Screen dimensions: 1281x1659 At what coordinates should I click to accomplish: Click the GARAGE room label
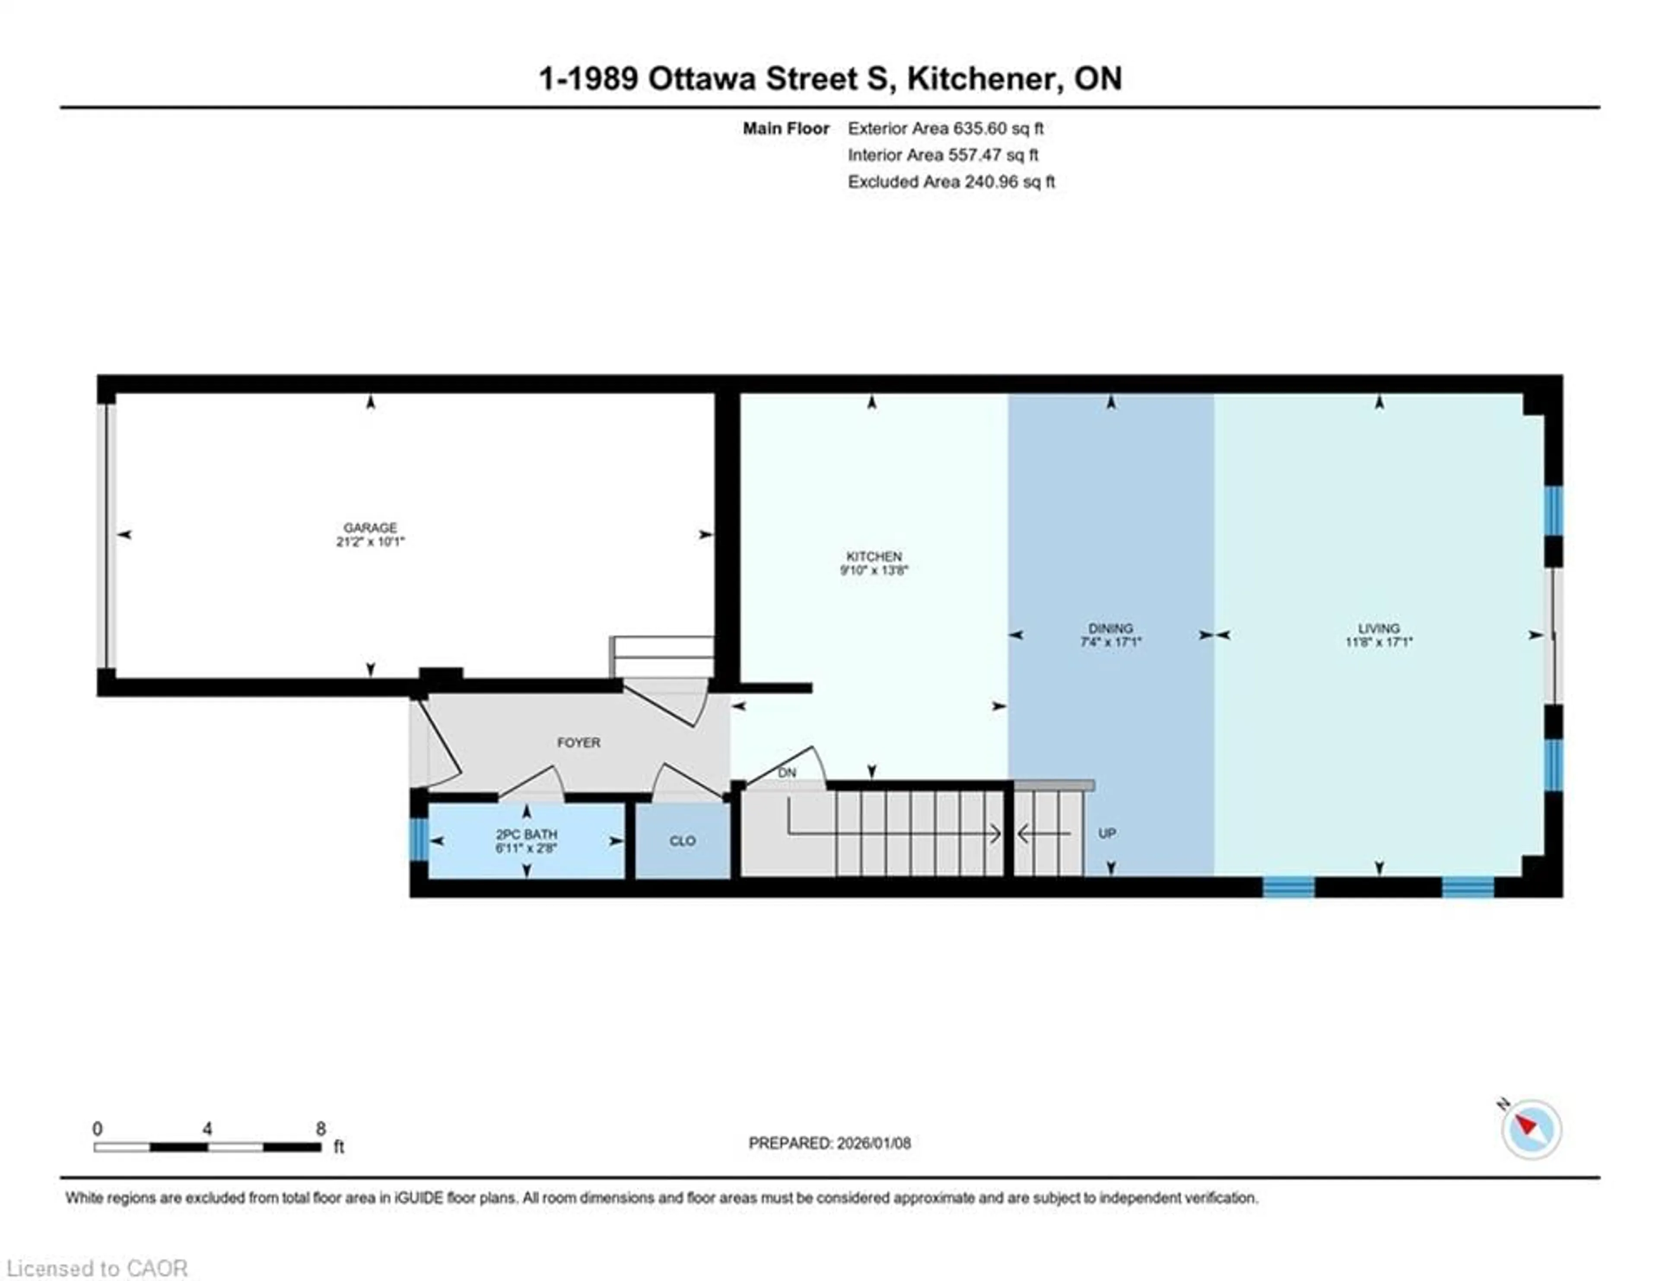[370, 527]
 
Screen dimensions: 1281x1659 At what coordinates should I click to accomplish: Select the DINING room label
[1111, 628]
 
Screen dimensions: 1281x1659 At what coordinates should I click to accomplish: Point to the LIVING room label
[1379, 628]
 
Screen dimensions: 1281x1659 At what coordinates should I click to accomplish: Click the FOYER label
[579, 742]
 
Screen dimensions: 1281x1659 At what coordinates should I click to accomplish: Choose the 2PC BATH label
[526, 834]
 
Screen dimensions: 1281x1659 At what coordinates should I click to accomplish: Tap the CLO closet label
[682, 841]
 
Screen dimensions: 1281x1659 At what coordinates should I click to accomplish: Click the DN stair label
[787, 773]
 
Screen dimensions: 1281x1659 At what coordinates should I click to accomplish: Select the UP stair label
[1107, 834]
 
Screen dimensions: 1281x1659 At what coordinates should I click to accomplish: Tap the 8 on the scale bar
[321, 1128]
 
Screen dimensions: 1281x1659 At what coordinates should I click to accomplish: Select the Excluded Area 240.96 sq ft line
[951, 182]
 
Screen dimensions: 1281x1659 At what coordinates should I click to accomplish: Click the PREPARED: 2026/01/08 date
[829, 1143]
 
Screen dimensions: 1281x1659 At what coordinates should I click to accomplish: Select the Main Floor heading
[785, 128]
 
